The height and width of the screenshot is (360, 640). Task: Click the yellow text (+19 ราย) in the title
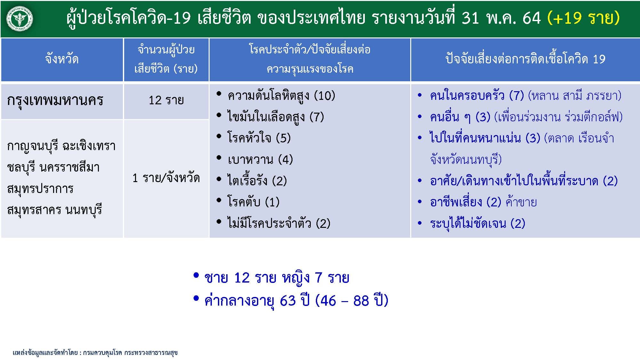(x=583, y=18)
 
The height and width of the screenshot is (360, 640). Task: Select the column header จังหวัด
(x=62, y=59)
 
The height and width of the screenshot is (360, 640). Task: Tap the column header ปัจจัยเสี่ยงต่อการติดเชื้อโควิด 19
(x=525, y=59)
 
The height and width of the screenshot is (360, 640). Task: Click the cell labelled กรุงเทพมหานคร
(x=55, y=100)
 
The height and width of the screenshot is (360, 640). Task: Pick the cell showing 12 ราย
(x=166, y=100)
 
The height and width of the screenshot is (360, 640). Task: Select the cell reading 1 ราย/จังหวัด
(x=166, y=178)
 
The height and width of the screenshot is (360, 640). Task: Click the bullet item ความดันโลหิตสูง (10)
(x=281, y=96)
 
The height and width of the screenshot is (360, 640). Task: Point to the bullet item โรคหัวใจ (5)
(x=259, y=138)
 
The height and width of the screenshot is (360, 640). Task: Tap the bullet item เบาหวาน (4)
(x=260, y=159)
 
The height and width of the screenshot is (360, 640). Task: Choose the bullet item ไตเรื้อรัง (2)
(x=257, y=181)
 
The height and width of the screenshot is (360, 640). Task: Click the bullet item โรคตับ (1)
(x=253, y=202)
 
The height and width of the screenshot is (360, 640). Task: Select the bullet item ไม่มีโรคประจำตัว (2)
(x=278, y=223)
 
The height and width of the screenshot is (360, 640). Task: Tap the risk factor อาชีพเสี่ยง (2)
(x=466, y=202)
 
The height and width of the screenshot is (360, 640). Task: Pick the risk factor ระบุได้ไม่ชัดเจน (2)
(x=477, y=223)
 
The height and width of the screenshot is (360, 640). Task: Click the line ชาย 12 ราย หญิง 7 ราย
(x=276, y=278)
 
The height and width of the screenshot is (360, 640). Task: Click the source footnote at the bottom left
(x=95, y=353)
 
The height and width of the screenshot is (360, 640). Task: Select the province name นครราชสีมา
(x=69, y=167)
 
